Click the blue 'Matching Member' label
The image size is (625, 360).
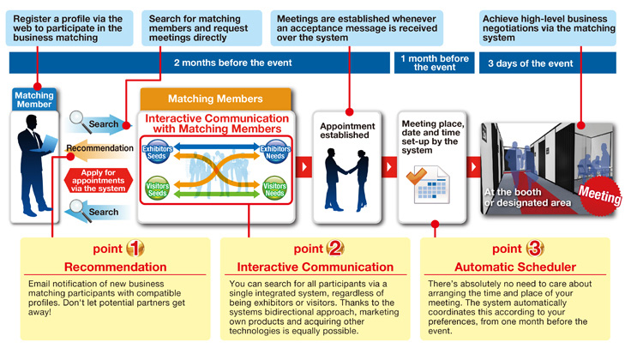tap(34, 99)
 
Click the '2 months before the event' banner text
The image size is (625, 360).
tap(232, 63)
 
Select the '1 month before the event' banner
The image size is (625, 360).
tap(435, 63)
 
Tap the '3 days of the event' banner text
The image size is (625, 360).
tap(530, 63)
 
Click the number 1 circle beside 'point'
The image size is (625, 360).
tap(135, 249)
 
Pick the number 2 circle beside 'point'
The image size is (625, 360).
tap(335, 249)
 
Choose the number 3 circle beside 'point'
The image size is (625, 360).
tap(535, 249)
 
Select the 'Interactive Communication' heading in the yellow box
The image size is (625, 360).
tap(315, 267)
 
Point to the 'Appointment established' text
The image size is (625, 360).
tap(348, 130)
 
